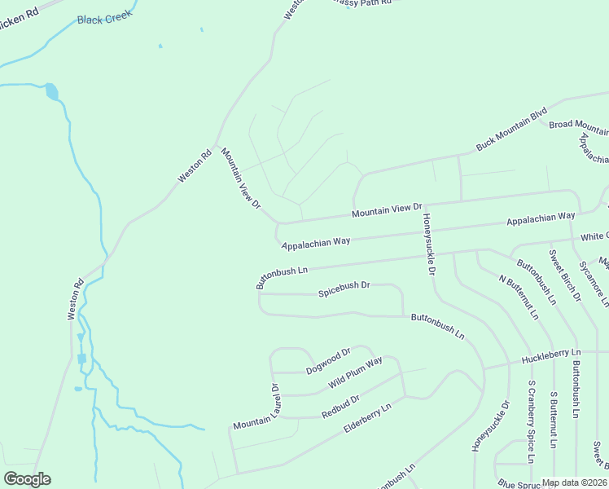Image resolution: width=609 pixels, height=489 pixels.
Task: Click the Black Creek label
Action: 104,20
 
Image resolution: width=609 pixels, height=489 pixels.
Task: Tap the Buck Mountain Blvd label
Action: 510,130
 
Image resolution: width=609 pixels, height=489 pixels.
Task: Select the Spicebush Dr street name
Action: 344,288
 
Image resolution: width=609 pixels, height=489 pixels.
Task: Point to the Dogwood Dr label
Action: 328,361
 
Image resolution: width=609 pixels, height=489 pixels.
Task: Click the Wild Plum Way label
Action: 355,372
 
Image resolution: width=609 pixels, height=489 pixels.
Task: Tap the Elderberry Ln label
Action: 368,416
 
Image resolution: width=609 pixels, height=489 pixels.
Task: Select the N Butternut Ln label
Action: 519,296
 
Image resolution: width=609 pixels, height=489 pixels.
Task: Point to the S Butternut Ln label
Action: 554,420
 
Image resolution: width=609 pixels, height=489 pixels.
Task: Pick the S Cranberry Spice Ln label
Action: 531,421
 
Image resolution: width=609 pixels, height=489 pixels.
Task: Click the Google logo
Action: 27,479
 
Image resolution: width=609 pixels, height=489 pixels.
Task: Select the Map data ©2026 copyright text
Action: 574,482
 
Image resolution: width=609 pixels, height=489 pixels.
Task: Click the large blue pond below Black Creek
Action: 52,90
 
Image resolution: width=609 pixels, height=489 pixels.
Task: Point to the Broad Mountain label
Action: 578,125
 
